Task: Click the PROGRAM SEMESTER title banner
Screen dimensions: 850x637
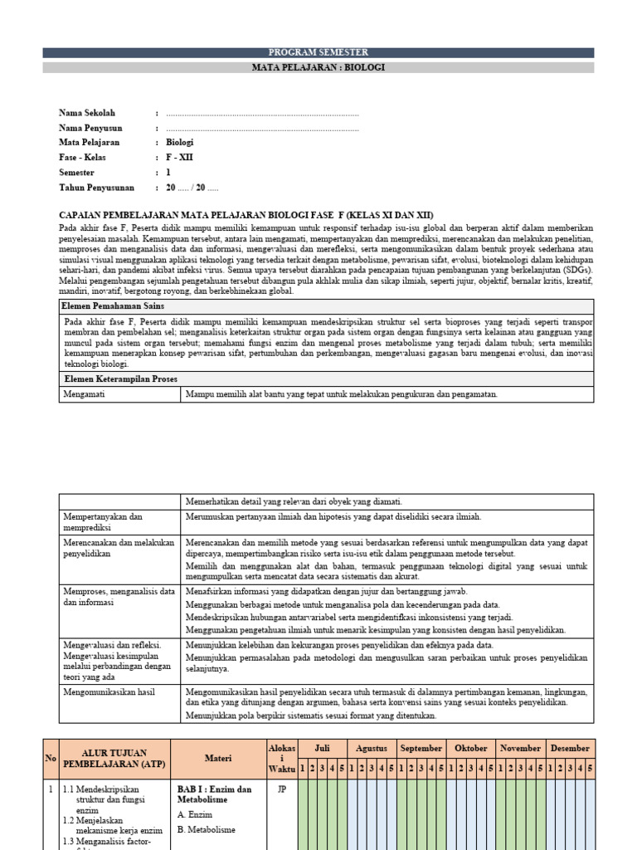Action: (318, 52)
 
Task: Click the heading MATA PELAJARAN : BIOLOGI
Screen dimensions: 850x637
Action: (318, 67)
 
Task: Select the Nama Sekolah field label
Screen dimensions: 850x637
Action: (87, 113)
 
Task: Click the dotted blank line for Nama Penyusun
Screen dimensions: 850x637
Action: (262, 128)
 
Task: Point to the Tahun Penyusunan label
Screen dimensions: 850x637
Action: (97, 188)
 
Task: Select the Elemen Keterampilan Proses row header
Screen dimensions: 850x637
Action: (120, 379)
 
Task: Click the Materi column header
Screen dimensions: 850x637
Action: (219, 758)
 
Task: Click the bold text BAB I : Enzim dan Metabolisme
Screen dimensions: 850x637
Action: (213, 794)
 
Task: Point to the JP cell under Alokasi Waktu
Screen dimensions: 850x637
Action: (280, 790)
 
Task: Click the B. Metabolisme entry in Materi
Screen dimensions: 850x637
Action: (207, 829)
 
